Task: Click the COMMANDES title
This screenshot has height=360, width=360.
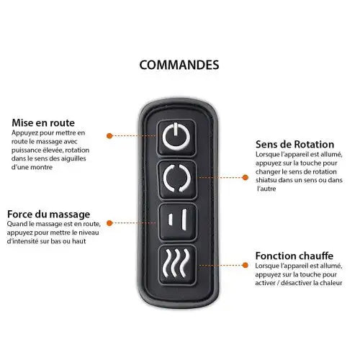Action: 179,65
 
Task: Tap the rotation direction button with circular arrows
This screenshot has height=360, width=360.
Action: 177,179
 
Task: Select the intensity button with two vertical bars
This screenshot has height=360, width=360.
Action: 178,222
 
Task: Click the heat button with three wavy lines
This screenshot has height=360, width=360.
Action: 177,264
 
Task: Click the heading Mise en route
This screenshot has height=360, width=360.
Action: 43,122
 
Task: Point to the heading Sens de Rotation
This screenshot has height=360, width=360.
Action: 294,145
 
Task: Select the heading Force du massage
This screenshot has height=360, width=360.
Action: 48,214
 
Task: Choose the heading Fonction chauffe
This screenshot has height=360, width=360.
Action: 294,256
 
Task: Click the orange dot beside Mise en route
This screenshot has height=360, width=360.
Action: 109,136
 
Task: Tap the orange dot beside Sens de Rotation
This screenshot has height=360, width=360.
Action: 246,178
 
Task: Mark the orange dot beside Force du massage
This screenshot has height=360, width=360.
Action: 109,223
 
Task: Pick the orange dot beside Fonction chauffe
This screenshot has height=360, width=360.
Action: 246,265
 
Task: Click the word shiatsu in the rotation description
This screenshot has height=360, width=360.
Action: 266,180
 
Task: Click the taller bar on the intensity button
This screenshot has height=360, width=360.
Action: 184,220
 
